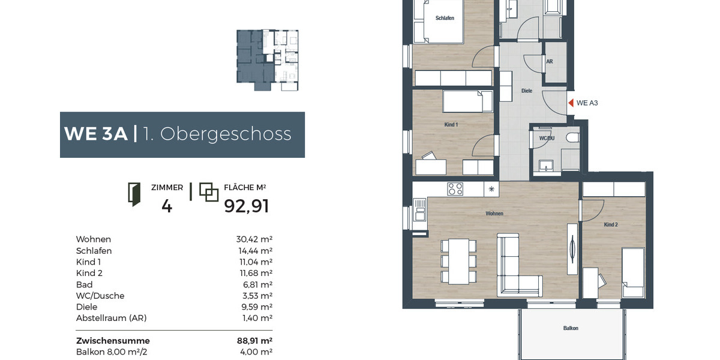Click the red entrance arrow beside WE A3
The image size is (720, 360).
(571, 103)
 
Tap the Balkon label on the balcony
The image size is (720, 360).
(571, 328)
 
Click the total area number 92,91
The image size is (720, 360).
(247, 206)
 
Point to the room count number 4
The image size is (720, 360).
(167, 206)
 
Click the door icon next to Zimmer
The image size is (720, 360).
(134, 195)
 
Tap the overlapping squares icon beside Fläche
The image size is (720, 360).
(208, 192)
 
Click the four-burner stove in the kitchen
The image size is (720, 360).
(455, 189)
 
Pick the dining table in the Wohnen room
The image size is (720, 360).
(460, 260)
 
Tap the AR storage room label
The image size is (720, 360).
(550, 61)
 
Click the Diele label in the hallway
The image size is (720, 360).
(527, 91)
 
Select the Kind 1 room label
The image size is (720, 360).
(451, 124)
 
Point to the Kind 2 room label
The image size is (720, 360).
(610, 224)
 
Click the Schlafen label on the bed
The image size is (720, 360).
(445, 18)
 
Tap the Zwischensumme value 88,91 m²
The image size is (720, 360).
(255, 340)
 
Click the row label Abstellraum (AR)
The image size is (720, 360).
(111, 318)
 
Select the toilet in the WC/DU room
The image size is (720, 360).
(571, 138)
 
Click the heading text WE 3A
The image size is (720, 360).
(96, 134)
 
